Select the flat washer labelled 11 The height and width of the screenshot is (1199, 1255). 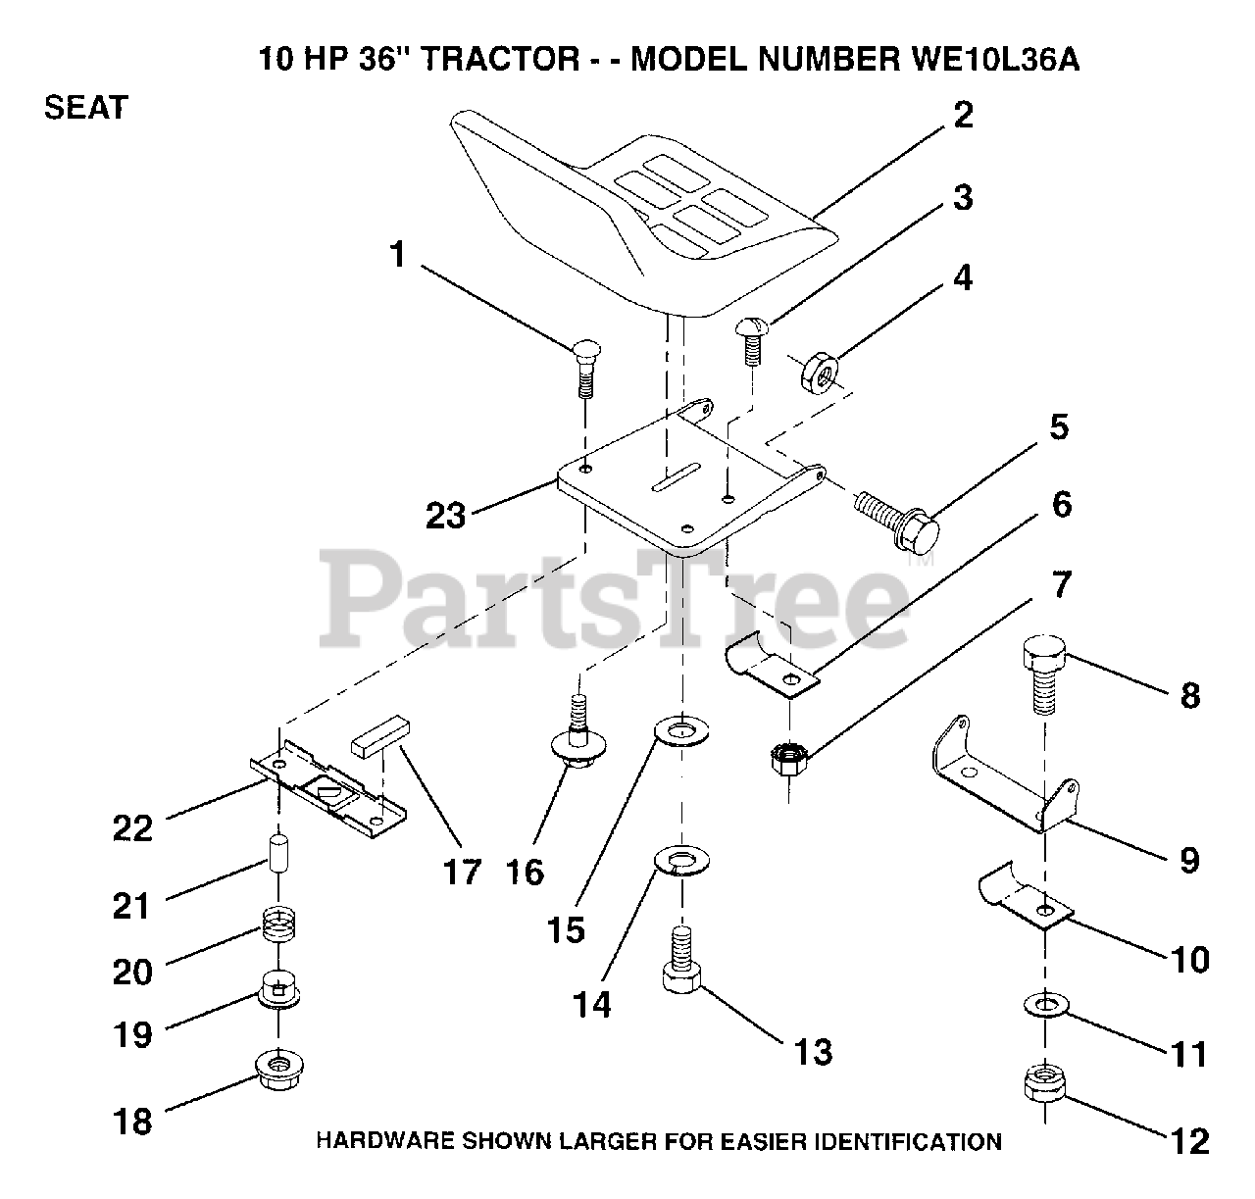click(1046, 1006)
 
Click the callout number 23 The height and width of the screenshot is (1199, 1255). click(445, 514)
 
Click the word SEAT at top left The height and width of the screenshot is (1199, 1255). click(86, 107)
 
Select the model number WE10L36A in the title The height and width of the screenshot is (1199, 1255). click(988, 60)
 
